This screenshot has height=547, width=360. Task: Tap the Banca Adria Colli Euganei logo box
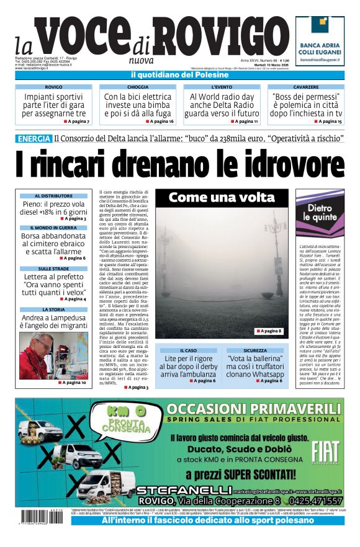(320, 41)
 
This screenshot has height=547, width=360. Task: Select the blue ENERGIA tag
(34, 138)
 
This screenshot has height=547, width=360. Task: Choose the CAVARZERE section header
(305, 87)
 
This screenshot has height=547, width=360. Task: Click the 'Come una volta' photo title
(222, 198)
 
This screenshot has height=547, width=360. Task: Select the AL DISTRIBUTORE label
(53, 196)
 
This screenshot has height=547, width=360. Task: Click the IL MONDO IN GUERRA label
(53, 228)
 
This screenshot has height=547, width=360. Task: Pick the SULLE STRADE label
(53, 269)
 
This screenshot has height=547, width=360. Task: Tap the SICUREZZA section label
(255, 350)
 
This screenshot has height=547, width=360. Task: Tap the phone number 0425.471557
(310, 500)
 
